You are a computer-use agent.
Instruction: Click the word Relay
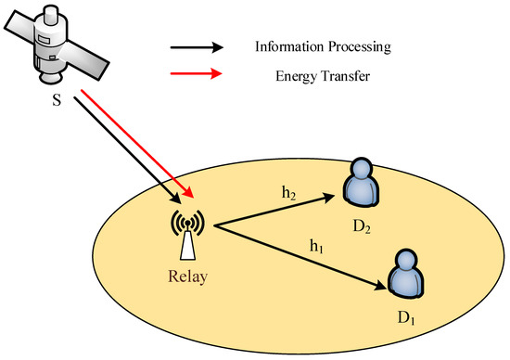click(x=188, y=276)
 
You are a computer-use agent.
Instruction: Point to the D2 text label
click(x=361, y=225)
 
